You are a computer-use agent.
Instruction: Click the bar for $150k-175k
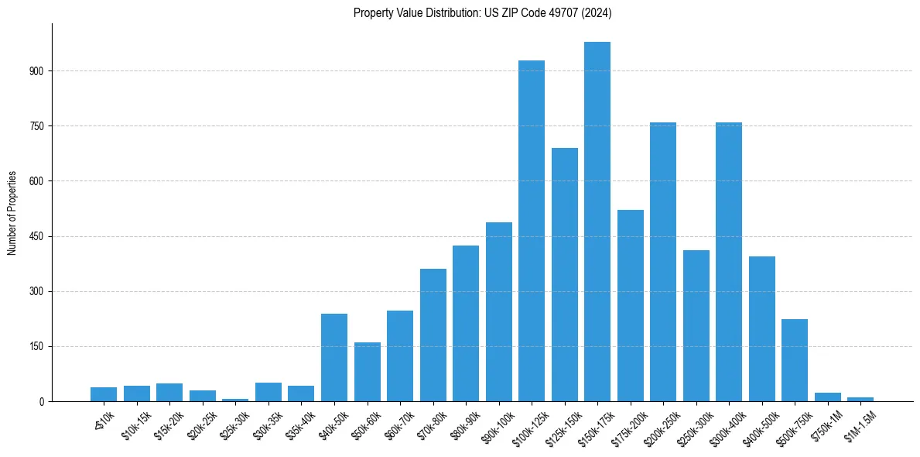(597, 222)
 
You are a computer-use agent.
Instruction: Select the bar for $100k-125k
(532, 231)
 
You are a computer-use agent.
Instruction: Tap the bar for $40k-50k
(334, 357)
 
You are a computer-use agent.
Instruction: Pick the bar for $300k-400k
(729, 262)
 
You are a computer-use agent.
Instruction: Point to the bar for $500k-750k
(795, 360)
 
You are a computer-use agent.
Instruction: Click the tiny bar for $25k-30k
(235, 400)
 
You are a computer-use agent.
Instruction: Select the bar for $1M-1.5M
(860, 399)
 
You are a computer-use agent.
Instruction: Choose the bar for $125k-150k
(565, 274)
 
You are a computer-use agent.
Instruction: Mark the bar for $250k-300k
(696, 325)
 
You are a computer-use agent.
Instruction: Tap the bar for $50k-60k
(368, 372)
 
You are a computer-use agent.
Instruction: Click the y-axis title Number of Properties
(12, 212)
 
